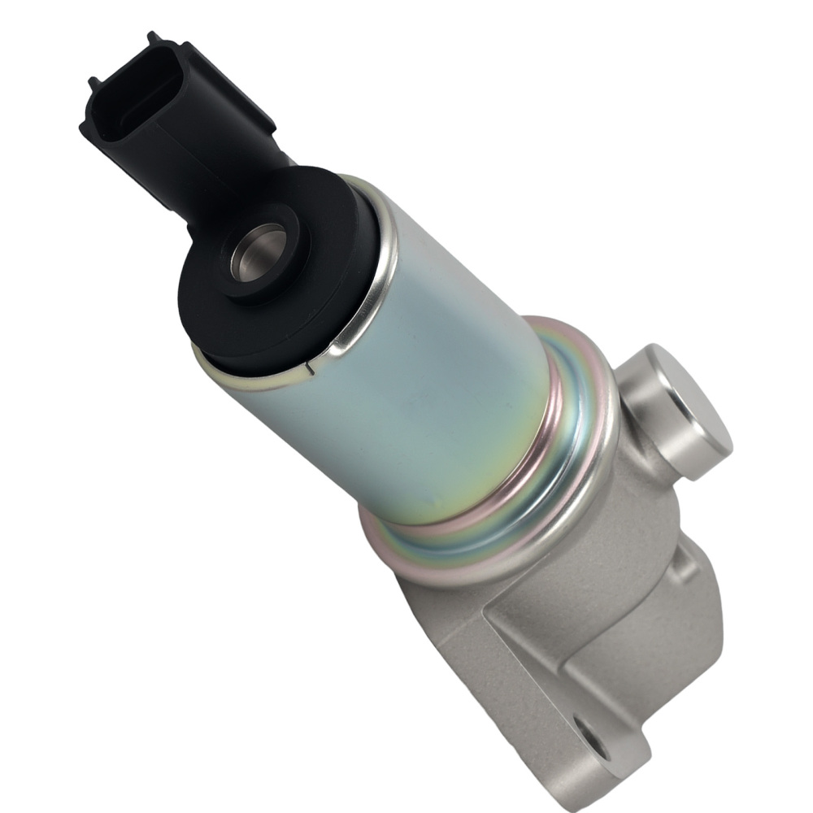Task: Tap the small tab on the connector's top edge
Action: click(x=153, y=38)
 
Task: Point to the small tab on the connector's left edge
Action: click(x=93, y=82)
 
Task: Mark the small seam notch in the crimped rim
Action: click(x=309, y=370)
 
